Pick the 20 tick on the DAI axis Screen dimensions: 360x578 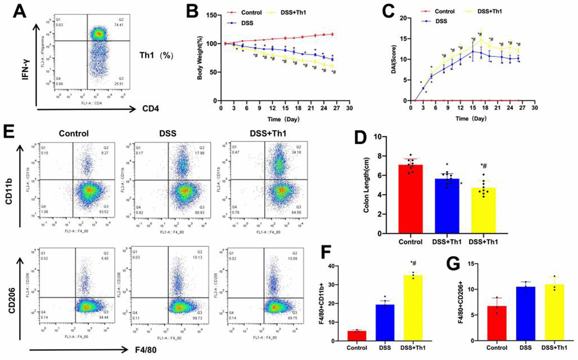coord(405,18)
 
